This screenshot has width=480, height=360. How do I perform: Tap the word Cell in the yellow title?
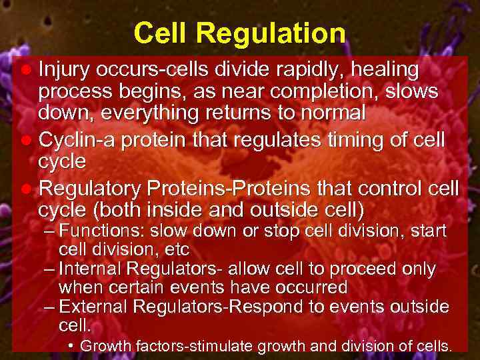click(x=158, y=34)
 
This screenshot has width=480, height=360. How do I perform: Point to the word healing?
click(x=382, y=69)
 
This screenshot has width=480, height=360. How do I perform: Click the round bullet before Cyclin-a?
click(x=25, y=141)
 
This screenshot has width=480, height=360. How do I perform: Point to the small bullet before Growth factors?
click(x=71, y=345)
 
